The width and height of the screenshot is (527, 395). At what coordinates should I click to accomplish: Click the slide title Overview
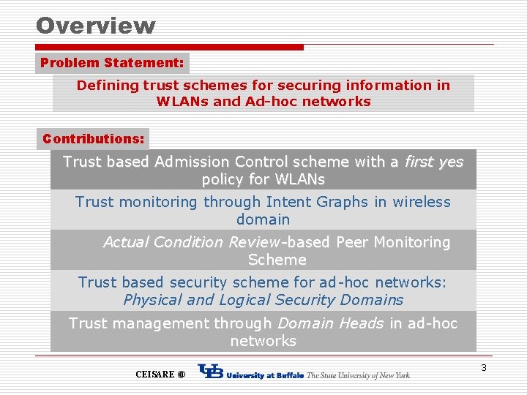point(96,26)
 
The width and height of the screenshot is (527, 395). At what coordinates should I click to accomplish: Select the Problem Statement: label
point(112,63)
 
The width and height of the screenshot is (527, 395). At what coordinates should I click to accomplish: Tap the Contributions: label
point(93,138)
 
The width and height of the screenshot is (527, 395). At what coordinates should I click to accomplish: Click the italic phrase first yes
point(433,162)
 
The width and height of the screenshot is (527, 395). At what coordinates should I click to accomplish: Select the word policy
point(225,179)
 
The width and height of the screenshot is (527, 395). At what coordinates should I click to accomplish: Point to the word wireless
point(422,202)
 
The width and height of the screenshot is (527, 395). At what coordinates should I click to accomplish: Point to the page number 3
point(484,367)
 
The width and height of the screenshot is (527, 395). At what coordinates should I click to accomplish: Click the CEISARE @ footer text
point(160,375)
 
